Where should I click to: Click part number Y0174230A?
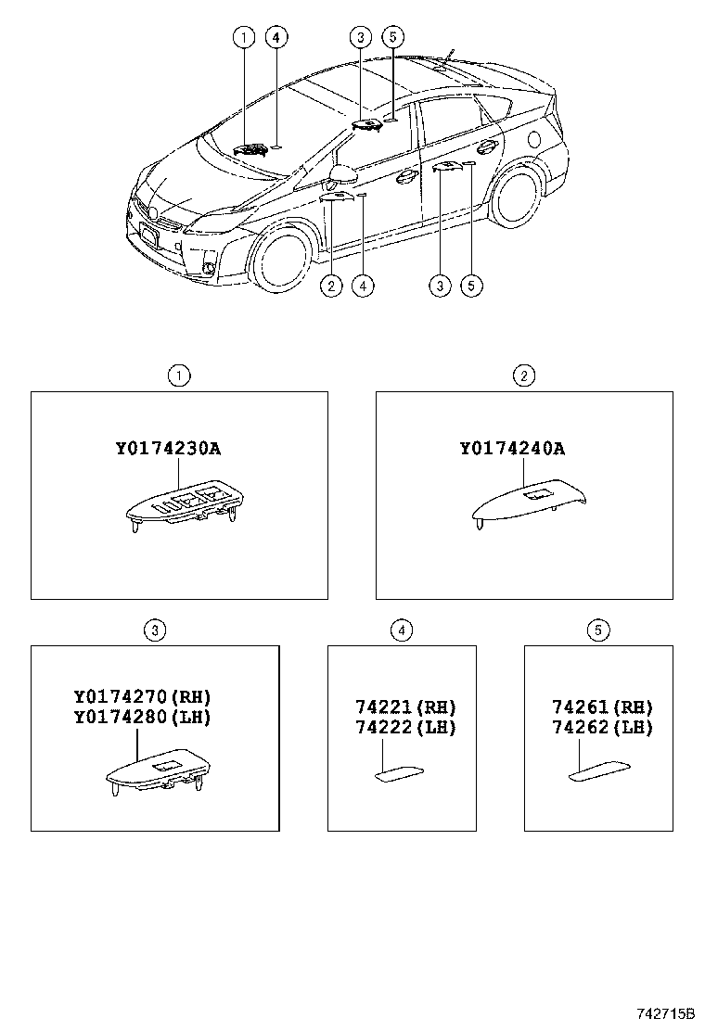pos(168,449)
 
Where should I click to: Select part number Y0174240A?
pos(512,449)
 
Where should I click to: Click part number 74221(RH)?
pos(405,707)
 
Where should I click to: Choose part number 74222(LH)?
pos(405,727)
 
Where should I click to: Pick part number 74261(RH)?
pos(602,707)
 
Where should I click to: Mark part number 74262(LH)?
pos(602,727)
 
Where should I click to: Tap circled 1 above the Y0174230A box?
pos(178,375)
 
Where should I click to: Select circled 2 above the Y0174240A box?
pos(524,375)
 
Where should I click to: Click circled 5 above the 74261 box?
pos(598,630)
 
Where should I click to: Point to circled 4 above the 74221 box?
pos(401,630)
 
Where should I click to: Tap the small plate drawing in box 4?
pos(401,772)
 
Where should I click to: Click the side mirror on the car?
pos(343,175)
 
